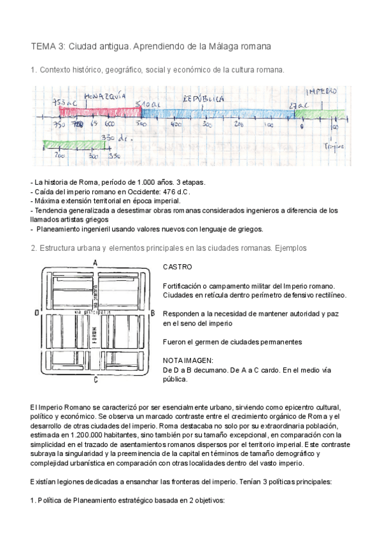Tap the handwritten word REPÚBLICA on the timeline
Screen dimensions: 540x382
pos(203,99)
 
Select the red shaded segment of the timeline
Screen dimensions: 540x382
pos(98,113)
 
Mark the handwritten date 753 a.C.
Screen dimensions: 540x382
pos(65,103)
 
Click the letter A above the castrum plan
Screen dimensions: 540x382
pos(95,262)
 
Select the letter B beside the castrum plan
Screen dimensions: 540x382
pos(153,313)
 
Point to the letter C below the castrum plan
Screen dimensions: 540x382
pos(95,381)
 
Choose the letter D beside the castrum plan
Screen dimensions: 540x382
pos(38,313)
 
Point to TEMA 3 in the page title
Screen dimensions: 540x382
pos(48,46)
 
